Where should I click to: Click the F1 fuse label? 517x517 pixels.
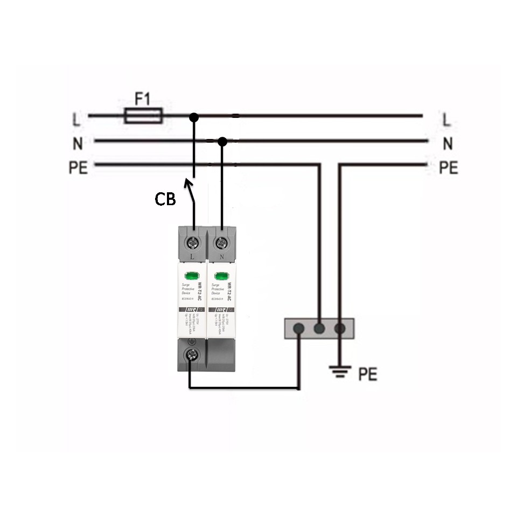click(x=143, y=99)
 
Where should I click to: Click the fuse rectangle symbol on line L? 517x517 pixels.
click(x=143, y=115)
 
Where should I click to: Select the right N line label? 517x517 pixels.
click(x=447, y=144)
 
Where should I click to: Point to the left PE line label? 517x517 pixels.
click(x=78, y=168)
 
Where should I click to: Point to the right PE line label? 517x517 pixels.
click(x=448, y=168)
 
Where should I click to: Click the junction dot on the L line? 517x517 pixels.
click(x=194, y=116)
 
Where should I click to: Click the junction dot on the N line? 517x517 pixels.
click(x=222, y=141)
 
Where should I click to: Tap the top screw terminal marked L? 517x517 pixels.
click(x=193, y=242)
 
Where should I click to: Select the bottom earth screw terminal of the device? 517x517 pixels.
click(x=190, y=354)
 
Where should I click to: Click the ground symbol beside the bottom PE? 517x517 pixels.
click(x=339, y=371)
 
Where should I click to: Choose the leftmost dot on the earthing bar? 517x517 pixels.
click(x=299, y=328)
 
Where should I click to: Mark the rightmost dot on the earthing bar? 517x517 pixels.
click(x=339, y=328)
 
